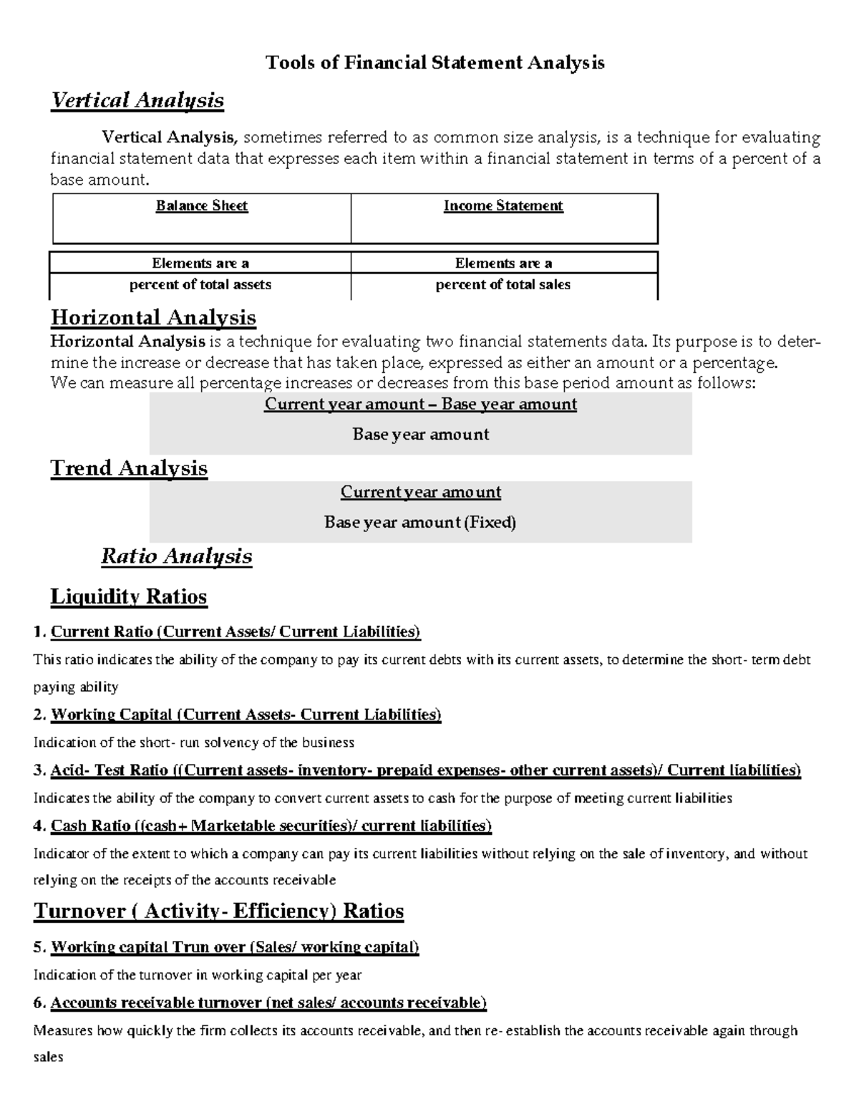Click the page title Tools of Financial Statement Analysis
[435, 63]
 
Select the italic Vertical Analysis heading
[137, 100]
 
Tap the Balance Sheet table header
[202, 206]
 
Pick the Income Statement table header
[503, 206]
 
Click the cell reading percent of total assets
[200, 284]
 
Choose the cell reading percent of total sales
[503, 284]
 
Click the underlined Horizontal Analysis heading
[153, 317]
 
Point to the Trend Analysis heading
[129, 468]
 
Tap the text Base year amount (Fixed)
[420, 523]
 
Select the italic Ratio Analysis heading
[176, 556]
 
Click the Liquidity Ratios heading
[129, 596]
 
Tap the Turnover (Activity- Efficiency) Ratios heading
[219, 912]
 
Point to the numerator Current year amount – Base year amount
[420, 405]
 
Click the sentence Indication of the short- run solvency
[194, 743]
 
